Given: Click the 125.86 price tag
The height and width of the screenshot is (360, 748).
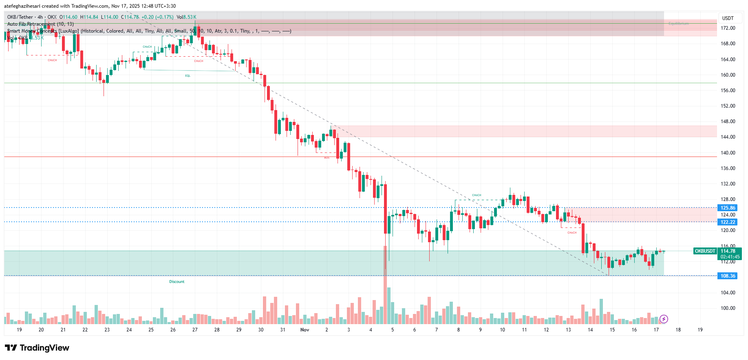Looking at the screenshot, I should click(x=728, y=208).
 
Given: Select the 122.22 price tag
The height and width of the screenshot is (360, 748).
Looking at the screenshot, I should click(x=728, y=222).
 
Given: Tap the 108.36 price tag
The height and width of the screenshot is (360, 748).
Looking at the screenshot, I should click(x=728, y=276).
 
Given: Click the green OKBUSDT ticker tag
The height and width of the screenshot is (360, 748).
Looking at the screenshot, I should click(x=705, y=251).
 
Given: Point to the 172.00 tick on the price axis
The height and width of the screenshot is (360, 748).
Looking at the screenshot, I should click(x=728, y=28).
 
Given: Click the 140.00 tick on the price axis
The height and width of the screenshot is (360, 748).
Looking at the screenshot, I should click(x=728, y=153).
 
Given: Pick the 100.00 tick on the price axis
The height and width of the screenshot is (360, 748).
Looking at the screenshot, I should click(x=728, y=308).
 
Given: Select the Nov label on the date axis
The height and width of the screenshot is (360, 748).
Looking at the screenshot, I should click(x=304, y=330).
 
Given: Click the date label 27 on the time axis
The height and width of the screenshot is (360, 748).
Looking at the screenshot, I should click(x=195, y=330).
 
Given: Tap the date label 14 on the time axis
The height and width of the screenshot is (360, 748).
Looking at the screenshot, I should click(x=590, y=330).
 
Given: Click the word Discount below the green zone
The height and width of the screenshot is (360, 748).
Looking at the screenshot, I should click(x=177, y=282).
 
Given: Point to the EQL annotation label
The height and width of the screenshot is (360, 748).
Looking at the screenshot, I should click(x=188, y=76).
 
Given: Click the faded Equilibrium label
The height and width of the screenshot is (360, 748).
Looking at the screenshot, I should click(x=679, y=24).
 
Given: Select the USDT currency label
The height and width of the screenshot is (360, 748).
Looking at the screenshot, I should click(x=728, y=18).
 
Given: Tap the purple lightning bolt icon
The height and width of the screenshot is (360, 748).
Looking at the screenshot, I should click(x=664, y=319).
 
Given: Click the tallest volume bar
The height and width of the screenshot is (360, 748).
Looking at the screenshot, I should click(x=385, y=285).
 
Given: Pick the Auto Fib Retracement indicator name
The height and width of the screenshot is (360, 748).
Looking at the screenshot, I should click(x=31, y=24).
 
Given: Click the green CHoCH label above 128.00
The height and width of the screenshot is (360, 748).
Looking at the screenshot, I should click(x=477, y=195).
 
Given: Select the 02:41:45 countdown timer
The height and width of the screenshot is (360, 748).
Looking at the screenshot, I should click(x=730, y=257).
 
